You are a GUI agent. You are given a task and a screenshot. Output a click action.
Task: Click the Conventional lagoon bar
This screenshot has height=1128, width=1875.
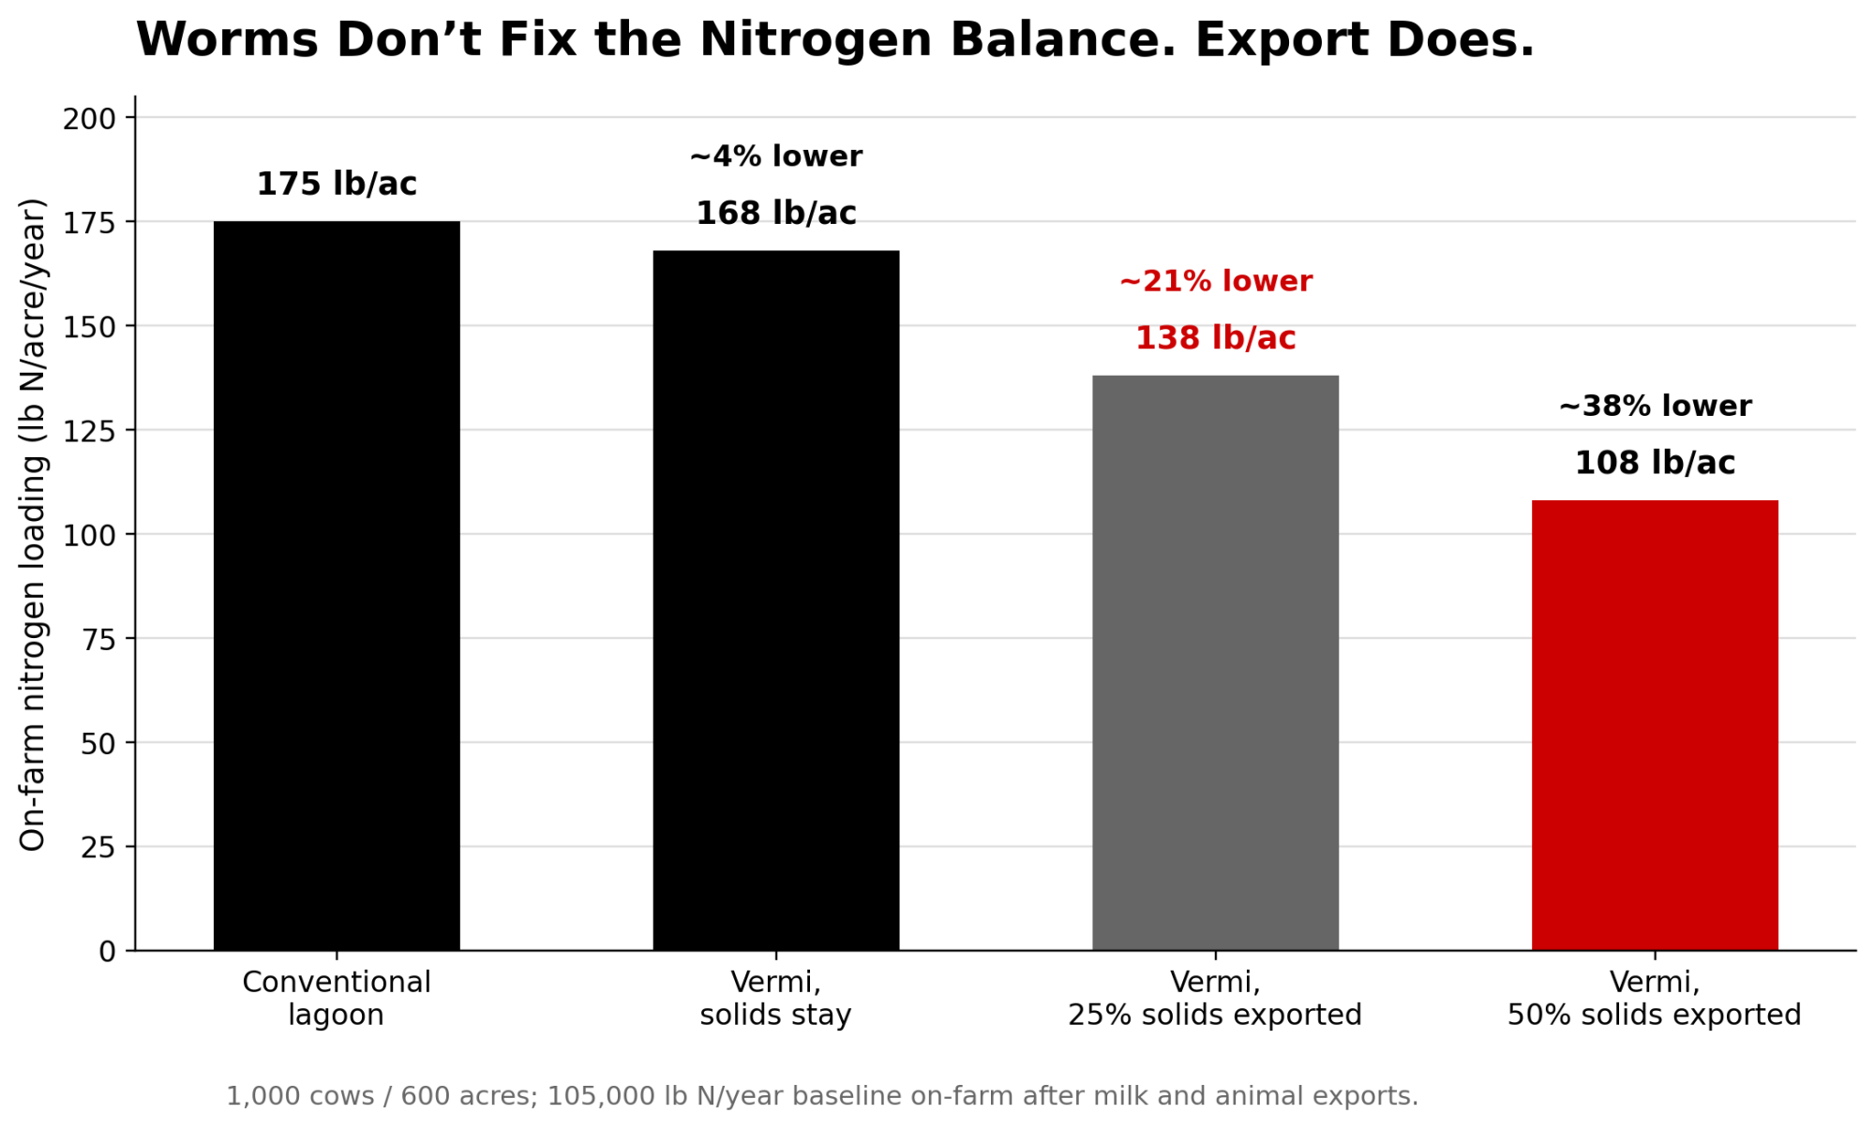coord(337,586)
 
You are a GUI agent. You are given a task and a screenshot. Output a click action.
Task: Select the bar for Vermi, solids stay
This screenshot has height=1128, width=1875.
coord(775,600)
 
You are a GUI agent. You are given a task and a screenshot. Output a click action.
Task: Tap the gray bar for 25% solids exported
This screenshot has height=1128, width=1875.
coord(1215,662)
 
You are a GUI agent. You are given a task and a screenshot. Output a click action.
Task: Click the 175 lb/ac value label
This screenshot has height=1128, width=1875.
coord(337,184)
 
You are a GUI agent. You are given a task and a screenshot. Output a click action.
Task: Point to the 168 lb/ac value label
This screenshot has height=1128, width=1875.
coord(775,214)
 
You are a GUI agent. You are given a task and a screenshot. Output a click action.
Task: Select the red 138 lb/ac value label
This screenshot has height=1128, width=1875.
coord(1215,338)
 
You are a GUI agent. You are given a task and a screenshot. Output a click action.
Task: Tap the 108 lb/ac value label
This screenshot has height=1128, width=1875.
coord(1655,463)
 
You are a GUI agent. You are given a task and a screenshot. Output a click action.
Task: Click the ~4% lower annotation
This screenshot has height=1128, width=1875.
coord(775,156)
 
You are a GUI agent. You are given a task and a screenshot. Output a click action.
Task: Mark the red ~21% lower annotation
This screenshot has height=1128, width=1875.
coord(1215,281)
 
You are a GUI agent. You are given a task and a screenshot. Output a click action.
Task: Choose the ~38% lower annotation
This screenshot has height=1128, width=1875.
coord(1655,407)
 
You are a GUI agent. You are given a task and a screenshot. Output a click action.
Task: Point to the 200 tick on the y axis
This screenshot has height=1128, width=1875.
coord(89,119)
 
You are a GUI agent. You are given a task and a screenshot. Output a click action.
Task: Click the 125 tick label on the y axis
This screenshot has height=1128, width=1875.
coord(89,431)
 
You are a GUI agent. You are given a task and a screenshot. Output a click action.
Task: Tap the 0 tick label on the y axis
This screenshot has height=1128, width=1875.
coord(107,952)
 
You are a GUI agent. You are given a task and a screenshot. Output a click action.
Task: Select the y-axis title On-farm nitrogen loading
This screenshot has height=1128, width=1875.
coord(33,525)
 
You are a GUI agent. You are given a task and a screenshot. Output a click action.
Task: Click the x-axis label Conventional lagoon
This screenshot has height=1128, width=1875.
coord(337,999)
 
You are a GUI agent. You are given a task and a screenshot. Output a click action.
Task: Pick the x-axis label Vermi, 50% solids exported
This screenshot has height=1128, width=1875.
coord(1655,999)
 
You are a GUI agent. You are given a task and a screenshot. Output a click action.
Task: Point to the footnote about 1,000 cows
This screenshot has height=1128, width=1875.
coord(822,1096)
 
